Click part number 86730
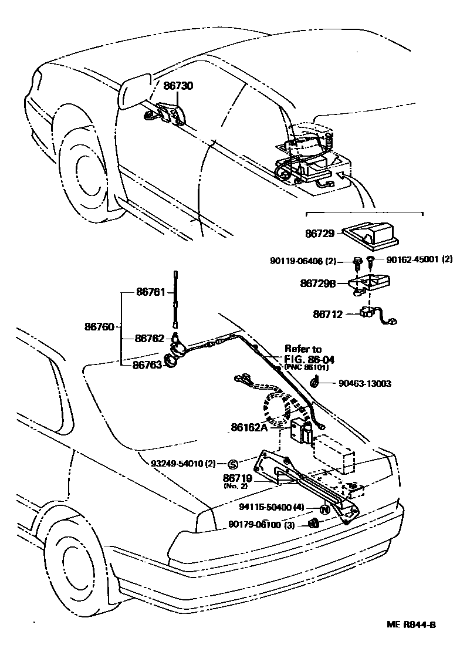[178, 86]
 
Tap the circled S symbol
[232, 463]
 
